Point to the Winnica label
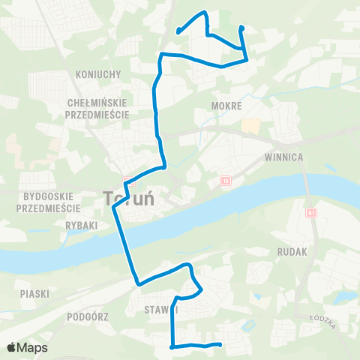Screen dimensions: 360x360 pyautogui.click(x=283, y=157)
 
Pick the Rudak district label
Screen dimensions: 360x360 pyautogui.click(x=292, y=252)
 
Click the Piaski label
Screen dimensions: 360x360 pyautogui.click(x=35, y=294)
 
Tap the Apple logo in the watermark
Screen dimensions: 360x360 pyautogui.click(x=12, y=347)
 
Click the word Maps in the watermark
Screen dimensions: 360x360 pyautogui.click(x=34, y=348)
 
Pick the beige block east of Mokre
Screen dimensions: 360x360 pyautogui.click(x=252, y=126)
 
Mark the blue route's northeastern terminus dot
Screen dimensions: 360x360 pyautogui.click(x=241, y=28)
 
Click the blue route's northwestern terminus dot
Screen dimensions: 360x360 pyautogui.click(x=178, y=31)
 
